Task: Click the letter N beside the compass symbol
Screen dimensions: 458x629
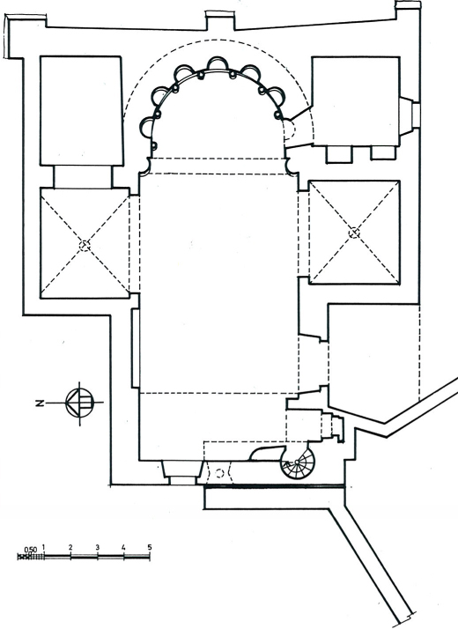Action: click(40, 403)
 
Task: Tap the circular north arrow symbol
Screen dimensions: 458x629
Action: click(80, 403)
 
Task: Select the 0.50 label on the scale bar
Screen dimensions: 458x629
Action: click(31, 550)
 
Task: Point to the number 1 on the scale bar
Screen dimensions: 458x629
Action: click(43, 547)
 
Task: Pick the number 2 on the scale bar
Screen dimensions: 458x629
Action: click(70, 547)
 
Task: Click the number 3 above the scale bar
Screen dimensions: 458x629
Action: click(97, 547)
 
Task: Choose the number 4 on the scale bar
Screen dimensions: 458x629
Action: click(123, 547)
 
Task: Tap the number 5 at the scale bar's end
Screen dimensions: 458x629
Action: click(150, 547)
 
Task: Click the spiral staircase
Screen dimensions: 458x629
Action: click(298, 462)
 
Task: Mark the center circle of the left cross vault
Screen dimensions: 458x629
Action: click(85, 245)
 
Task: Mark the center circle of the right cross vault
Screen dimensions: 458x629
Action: click(354, 233)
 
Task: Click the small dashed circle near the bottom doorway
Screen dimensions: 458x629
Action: click(219, 473)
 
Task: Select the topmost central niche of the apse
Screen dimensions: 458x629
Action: click(217, 63)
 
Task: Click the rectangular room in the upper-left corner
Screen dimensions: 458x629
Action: click(81, 111)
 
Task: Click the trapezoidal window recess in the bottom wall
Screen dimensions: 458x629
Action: click(182, 470)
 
